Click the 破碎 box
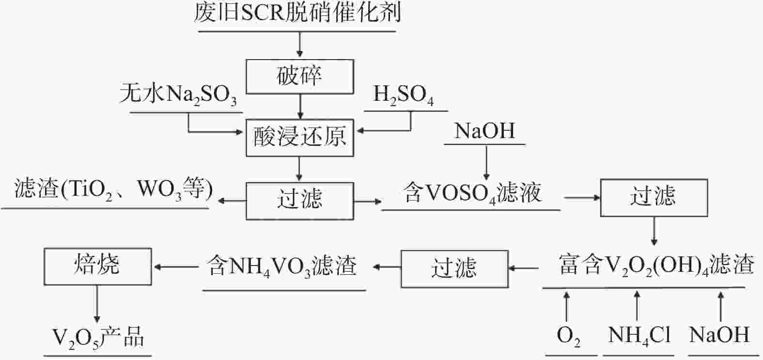[x=299, y=77]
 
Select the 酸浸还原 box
[x=299, y=138]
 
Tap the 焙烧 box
[x=97, y=266]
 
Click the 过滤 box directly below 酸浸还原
[x=299, y=201]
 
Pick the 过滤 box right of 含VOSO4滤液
[x=654, y=198]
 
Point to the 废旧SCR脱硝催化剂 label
[x=297, y=14]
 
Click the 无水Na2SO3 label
[x=178, y=94]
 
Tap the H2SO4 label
[x=403, y=94]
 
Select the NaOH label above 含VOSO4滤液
[x=484, y=131]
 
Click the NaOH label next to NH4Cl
[x=719, y=335]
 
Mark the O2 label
[x=568, y=335]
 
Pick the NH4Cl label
[x=639, y=335]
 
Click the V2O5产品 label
[x=98, y=338]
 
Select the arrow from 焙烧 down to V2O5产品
[x=97, y=303]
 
